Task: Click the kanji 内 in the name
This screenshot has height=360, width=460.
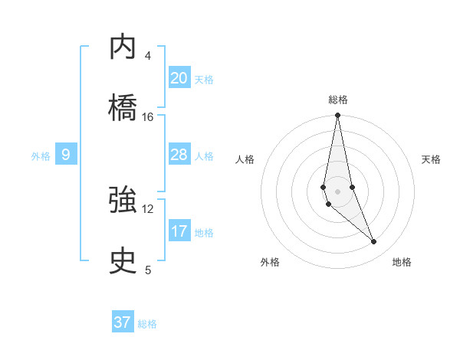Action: click(123, 47)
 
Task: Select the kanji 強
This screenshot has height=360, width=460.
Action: click(123, 201)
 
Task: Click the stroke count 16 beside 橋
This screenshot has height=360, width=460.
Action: click(148, 117)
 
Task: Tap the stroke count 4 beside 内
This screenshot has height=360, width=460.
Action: click(148, 56)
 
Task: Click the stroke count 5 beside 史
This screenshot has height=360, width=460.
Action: click(148, 270)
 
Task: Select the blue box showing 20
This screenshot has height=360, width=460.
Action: click(179, 78)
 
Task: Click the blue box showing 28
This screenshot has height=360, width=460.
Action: click(179, 155)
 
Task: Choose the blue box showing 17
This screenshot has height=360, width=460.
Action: click(179, 231)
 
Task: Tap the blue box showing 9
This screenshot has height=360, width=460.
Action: click(66, 155)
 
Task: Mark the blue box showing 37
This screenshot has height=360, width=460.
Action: click(123, 322)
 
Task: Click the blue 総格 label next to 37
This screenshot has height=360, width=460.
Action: click(147, 324)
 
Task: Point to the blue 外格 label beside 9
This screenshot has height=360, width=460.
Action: click(41, 156)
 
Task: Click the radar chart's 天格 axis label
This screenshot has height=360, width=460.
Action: click(432, 159)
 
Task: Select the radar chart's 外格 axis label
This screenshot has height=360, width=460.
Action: click(270, 263)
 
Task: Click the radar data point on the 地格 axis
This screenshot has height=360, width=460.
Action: click(374, 242)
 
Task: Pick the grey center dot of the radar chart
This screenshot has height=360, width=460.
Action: click(337, 191)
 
